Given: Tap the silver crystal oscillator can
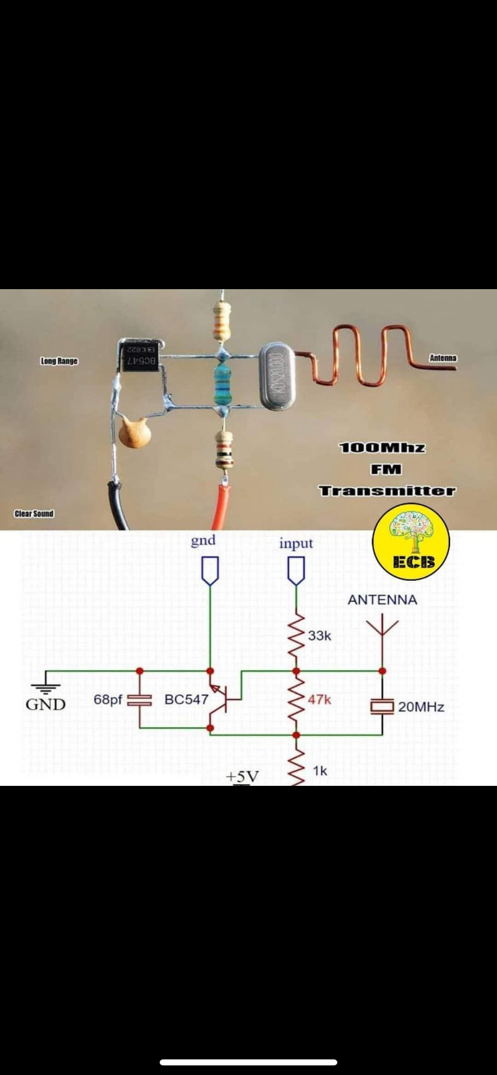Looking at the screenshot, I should coord(277,377).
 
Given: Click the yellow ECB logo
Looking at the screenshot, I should coord(412,542).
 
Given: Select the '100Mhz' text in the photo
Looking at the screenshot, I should coord(382,448).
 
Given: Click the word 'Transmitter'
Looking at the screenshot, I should coord(387,491).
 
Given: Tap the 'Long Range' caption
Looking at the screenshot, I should coord(59,361).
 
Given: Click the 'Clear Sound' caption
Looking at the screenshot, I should coord(34,514).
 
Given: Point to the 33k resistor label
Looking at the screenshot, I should coord(319,636).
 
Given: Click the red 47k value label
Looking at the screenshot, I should coord(319,699).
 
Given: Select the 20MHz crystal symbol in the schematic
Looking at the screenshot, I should coord(382,706).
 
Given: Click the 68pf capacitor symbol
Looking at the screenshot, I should coord(140,699).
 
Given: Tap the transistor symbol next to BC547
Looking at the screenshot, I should coord(219,699).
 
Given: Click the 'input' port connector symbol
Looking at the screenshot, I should coord(296,570).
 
